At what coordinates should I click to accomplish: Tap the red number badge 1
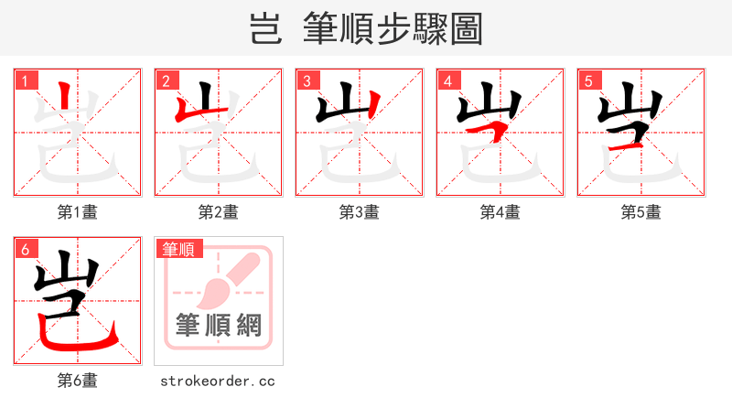tap(25, 81)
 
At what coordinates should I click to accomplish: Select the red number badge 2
tap(166, 81)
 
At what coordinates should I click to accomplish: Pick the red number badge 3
tap(307, 81)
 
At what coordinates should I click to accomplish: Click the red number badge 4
tap(447, 81)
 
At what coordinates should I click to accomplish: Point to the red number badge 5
tap(588, 81)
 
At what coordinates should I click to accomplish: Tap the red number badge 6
tap(25, 249)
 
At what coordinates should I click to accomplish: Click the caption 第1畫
tap(78, 212)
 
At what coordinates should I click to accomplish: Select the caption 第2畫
tap(219, 212)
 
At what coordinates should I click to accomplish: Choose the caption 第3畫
tap(360, 212)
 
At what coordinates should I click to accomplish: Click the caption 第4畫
tap(501, 212)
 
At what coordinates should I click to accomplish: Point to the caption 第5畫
tap(641, 212)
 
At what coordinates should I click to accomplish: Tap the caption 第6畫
tap(78, 381)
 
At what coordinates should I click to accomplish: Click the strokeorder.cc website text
tap(218, 381)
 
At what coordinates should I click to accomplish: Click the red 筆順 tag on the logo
tap(178, 249)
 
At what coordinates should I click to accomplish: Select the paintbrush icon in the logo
tap(220, 284)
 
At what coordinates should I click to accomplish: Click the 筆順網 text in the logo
tap(219, 325)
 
